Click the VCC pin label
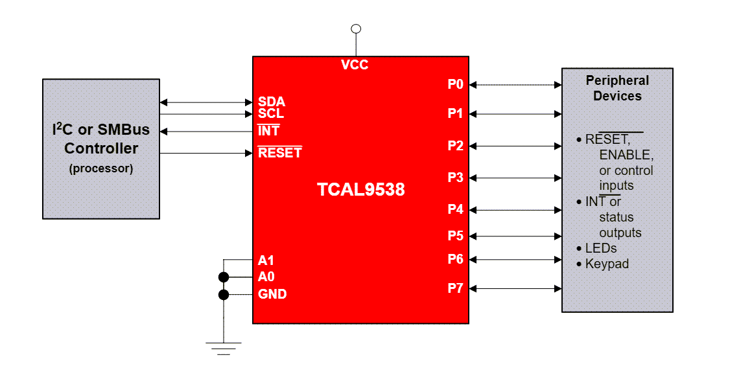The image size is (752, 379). click(355, 65)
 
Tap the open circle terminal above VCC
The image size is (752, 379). click(355, 29)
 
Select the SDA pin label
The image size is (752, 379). click(271, 102)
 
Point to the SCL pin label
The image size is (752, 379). click(270, 114)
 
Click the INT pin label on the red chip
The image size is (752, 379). click(268, 131)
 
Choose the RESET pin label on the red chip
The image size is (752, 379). click(279, 154)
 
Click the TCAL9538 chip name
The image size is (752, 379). click(360, 189)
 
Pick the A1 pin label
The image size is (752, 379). click(266, 260)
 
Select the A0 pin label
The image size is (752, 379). click(266, 277)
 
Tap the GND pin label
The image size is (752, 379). click(272, 294)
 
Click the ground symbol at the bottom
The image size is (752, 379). click(224, 349)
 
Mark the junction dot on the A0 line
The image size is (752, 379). click(224, 277)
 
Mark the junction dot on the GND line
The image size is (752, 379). click(224, 295)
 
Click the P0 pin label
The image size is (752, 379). click(455, 84)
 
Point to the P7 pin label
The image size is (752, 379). click(455, 288)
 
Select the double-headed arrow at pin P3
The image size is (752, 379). click(515, 178)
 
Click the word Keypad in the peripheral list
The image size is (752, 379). click(607, 264)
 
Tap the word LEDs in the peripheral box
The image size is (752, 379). click(601, 248)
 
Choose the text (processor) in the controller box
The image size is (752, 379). click(101, 168)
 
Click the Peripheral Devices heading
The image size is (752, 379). click(617, 88)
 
